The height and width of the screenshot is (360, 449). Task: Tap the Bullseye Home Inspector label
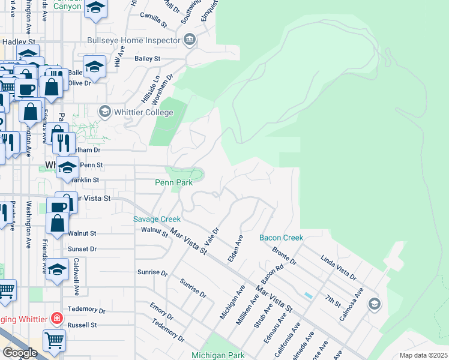134,41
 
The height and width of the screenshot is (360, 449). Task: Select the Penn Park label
173,182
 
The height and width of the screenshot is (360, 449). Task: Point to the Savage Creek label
157,219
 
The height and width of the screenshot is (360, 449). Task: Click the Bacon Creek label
282,238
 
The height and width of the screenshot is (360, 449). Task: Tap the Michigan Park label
218,355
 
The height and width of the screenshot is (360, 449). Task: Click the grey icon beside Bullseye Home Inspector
190,41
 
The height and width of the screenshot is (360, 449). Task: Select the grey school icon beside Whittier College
105,111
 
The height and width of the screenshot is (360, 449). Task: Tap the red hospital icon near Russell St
56,317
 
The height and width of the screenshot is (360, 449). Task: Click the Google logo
20,353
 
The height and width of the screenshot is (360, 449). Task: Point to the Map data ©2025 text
423,355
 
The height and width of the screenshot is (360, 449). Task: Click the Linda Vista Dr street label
339,269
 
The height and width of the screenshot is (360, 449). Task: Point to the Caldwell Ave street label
76,277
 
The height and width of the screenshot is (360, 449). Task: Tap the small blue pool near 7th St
309,296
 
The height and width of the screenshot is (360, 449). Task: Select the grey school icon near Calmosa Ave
375,304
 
